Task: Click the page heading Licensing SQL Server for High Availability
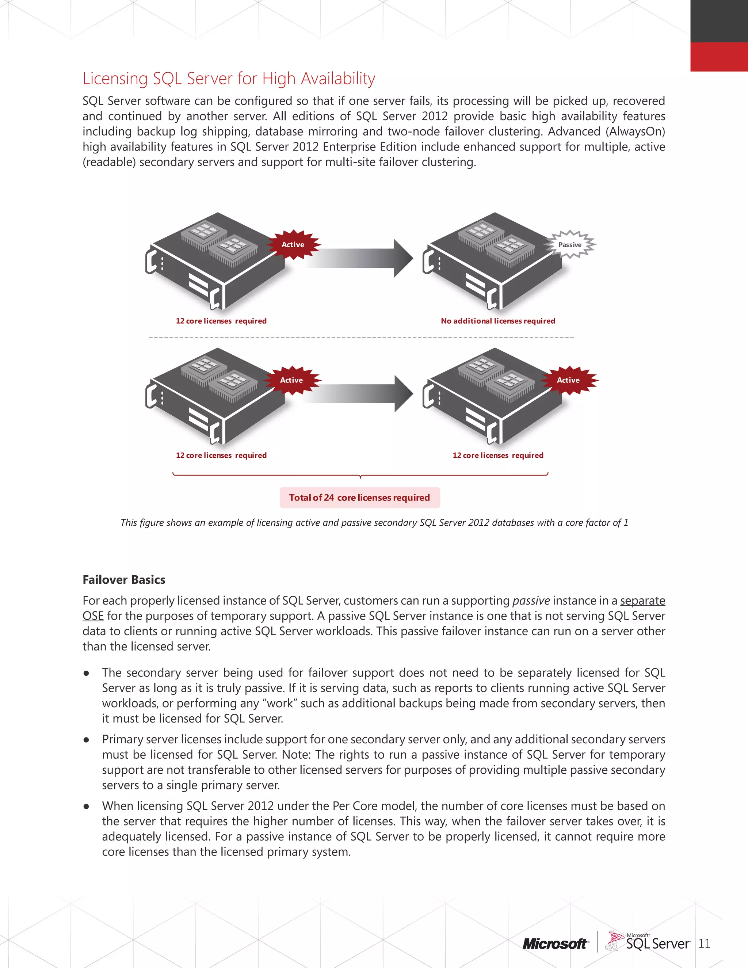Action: [x=229, y=79]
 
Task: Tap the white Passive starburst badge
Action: [x=570, y=245]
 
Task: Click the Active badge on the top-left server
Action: [x=293, y=245]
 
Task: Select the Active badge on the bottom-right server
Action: [x=568, y=380]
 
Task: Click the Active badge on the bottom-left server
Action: [x=291, y=380]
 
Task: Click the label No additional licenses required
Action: [x=498, y=321]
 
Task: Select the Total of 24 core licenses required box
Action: [x=359, y=498]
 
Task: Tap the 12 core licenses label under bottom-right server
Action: [x=498, y=456]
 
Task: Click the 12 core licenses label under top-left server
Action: [x=221, y=321]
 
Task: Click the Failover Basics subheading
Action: [x=124, y=580]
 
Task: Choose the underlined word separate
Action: [x=642, y=601]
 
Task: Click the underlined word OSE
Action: [x=93, y=616]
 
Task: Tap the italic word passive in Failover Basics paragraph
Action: [x=531, y=601]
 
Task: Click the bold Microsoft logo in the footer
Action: [x=555, y=944]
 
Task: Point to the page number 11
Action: [x=704, y=944]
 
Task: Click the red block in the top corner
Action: [x=719, y=57]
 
